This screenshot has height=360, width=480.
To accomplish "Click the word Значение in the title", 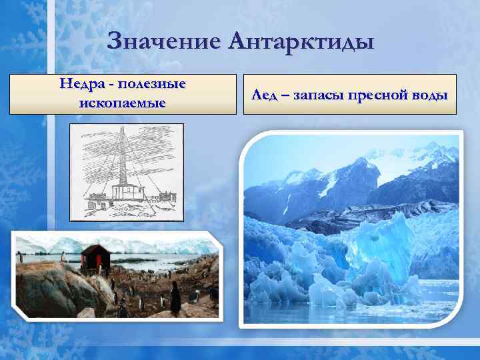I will (x=163, y=44).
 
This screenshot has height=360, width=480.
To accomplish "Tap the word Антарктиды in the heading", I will (x=301, y=44).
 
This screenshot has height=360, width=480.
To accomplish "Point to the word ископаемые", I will (x=123, y=103).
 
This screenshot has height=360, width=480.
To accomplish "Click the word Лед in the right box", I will (x=263, y=95).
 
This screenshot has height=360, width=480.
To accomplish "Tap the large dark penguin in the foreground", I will (x=175, y=298).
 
